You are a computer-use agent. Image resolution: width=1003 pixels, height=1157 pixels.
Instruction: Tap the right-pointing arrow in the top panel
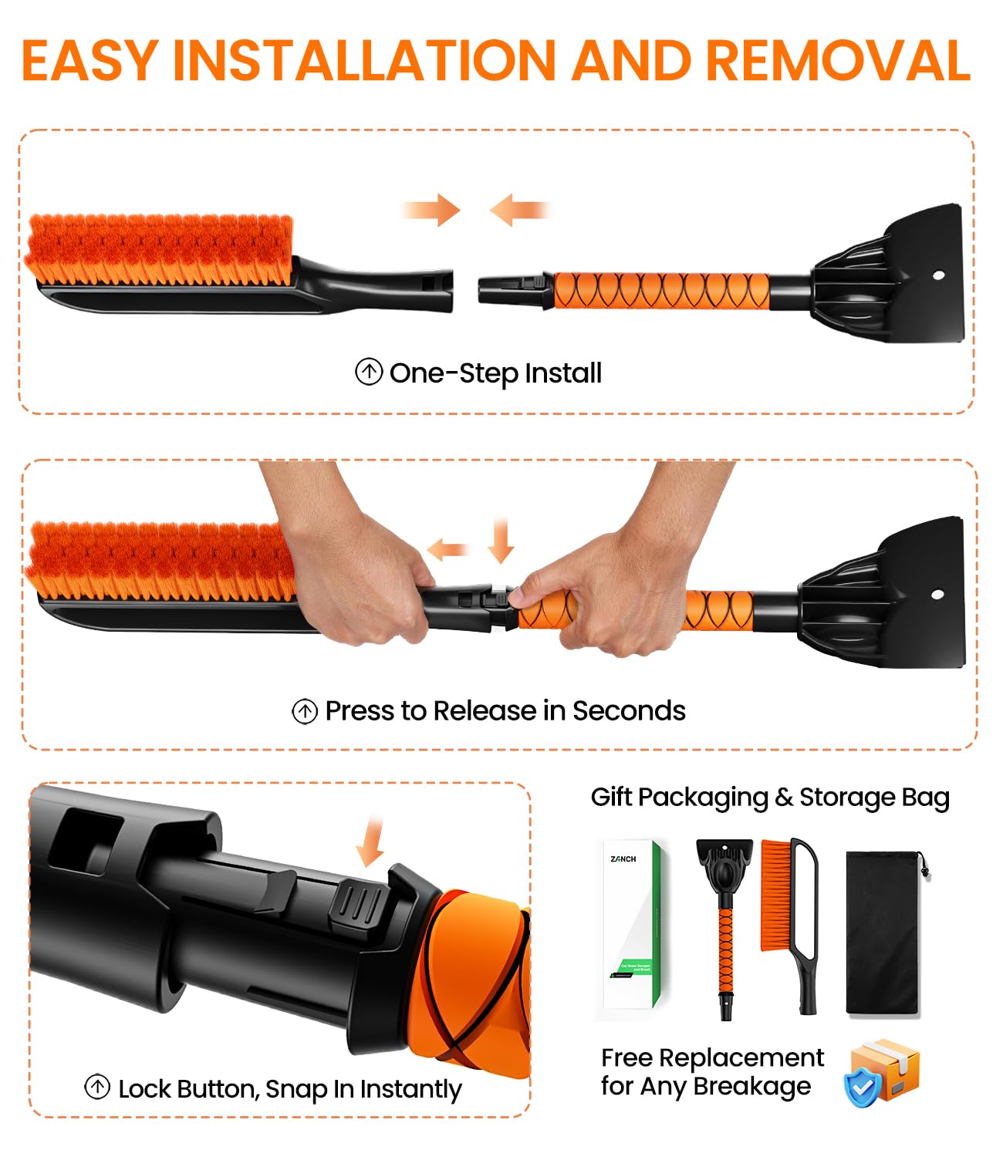(x=432, y=210)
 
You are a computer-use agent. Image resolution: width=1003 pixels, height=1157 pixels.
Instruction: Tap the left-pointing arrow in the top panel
(x=518, y=210)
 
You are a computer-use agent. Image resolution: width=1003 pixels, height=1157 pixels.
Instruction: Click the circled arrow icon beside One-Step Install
(x=369, y=373)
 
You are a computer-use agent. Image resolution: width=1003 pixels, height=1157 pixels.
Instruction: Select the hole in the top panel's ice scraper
(x=938, y=275)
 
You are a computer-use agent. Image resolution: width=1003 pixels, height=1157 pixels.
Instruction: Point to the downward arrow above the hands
(x=501, y=540)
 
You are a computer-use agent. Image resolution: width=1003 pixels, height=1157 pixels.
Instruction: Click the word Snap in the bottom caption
(x=296, y=1089)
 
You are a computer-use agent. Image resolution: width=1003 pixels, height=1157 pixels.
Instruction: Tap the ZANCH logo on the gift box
(x=623, y=858)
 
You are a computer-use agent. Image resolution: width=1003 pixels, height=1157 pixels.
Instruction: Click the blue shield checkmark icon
(x=863, y=1086)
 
